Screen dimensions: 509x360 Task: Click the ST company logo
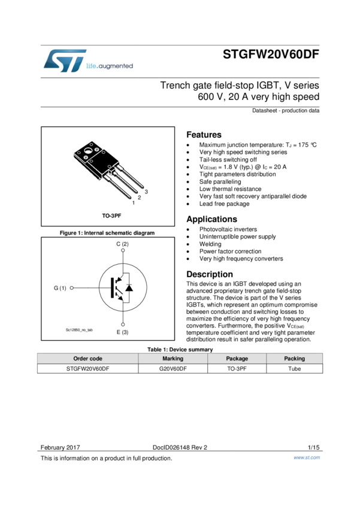pyautogui.click(x=65, y=61)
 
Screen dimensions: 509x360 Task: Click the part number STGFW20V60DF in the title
pyautogui.click(x=271, y=54)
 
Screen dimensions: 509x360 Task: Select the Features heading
pyautogui.click(x=204, y=135)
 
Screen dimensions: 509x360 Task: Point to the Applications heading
pyautogui.click(x=211, y=219)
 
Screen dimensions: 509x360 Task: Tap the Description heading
pyautogui.click(x=209, y=274)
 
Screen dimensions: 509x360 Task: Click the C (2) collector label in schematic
pyautogui.click(x=122, y=244)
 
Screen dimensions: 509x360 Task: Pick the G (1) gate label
pyautogui.click(x=60, y=288)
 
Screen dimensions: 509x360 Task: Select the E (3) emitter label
pyautogui.click(x=122, y=332)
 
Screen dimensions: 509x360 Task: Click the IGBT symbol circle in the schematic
pyautogui.click(x=123, y=287)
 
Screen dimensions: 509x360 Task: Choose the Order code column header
pyautogui.click(x=87, y=359)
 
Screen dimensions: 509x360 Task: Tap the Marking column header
pyautogui.click(x=173, y=359)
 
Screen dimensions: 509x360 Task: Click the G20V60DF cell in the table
pyautogui.click(x=173, y=369)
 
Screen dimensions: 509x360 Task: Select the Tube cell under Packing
pyautogui.click(x=294, y=369)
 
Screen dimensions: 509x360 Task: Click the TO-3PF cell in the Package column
pyautogui.click(x=237, y=369)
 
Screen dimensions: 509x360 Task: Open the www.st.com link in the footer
pyautogui.click(x=306, y=458)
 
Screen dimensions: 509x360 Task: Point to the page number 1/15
pyautogui.click(x=313, y=447)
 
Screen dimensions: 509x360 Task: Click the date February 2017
pyautogui.click(x=60, y=447)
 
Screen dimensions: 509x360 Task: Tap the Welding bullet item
pyautogui.click(x=210, y=244)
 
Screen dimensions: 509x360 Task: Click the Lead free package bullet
pyautogui.click(x=224, y=204)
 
